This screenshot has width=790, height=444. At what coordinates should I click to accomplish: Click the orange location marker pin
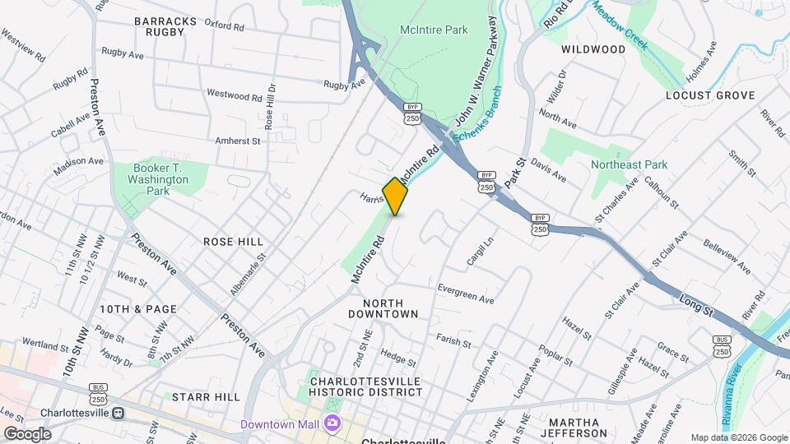click(396, 196)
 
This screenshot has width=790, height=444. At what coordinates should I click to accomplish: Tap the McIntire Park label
click(434, 30)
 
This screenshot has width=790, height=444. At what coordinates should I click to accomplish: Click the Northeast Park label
click(629, 164)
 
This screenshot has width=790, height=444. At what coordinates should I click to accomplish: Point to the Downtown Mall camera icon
click(332, 423)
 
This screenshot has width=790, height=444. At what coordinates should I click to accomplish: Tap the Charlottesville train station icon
click(118, 413)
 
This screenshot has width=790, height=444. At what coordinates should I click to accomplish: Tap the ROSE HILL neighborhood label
click(234, 242)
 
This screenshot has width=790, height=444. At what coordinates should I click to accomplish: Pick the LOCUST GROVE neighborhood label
click(710, 95)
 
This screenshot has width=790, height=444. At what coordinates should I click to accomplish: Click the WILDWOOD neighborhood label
click(593, 49)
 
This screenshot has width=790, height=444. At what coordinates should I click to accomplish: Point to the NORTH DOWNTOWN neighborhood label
click(383, 308)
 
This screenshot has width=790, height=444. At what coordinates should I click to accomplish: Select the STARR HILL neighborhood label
click(206, 397)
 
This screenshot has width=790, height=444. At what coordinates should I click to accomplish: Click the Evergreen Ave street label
click(466, 294)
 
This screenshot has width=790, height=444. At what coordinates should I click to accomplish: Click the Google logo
click(27, 433)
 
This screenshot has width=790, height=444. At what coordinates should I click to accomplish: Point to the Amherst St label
click(237, 141)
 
